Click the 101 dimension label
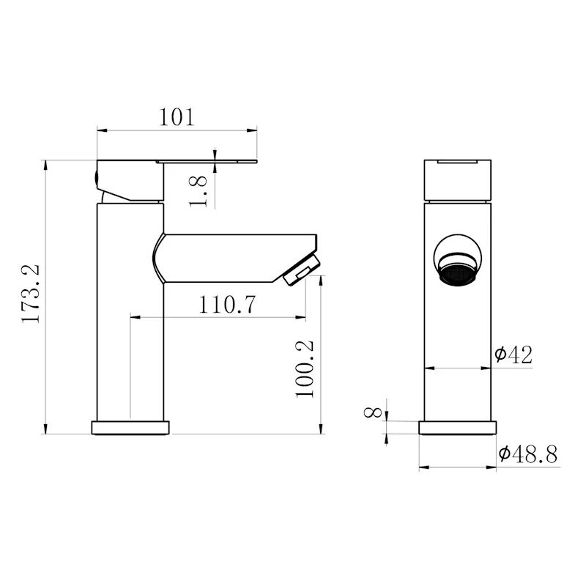[177, 117]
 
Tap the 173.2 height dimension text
[30, 293]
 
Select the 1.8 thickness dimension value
[198, 191]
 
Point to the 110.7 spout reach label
[227, 304]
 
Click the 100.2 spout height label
[305, 369]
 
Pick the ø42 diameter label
[513, 355]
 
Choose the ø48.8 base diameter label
[528, 454]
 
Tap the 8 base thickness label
[373, 412]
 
